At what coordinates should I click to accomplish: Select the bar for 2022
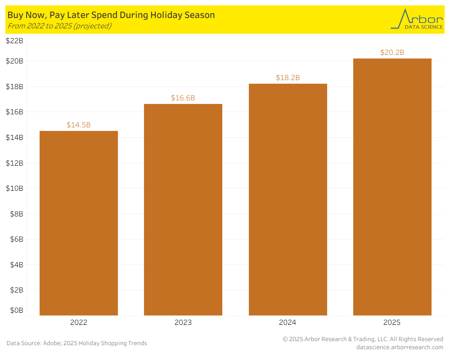click(x=79, y=223)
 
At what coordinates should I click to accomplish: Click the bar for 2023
click(x=183, y=210)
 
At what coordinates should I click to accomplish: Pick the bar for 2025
click(x=392, y=187)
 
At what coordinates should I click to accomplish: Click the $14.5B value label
click(x=79, y=125)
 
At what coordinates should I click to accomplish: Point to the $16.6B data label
click(x=183, y=98)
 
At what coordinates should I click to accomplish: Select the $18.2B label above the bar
click(x=288, y=77)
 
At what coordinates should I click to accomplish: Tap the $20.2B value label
click(x=392, y=52)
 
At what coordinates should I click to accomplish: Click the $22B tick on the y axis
click(x=14, y=41)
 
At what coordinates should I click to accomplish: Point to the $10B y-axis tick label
click(x=14, y=188)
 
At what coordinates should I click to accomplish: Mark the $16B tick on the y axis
click(x=14, y=112)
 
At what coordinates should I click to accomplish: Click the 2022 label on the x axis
click(x=79, y=322)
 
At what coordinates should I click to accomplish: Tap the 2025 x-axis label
click(x=392, y=322)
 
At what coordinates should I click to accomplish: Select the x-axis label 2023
click(x=183, y=322)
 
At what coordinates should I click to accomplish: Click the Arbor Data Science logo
click(x=410, y=19)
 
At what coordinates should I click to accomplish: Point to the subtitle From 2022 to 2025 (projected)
click(x=59, y=26)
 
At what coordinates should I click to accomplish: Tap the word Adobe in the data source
click(x=52, y=343)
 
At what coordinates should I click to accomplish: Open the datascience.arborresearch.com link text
click(x=400, y=347)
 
